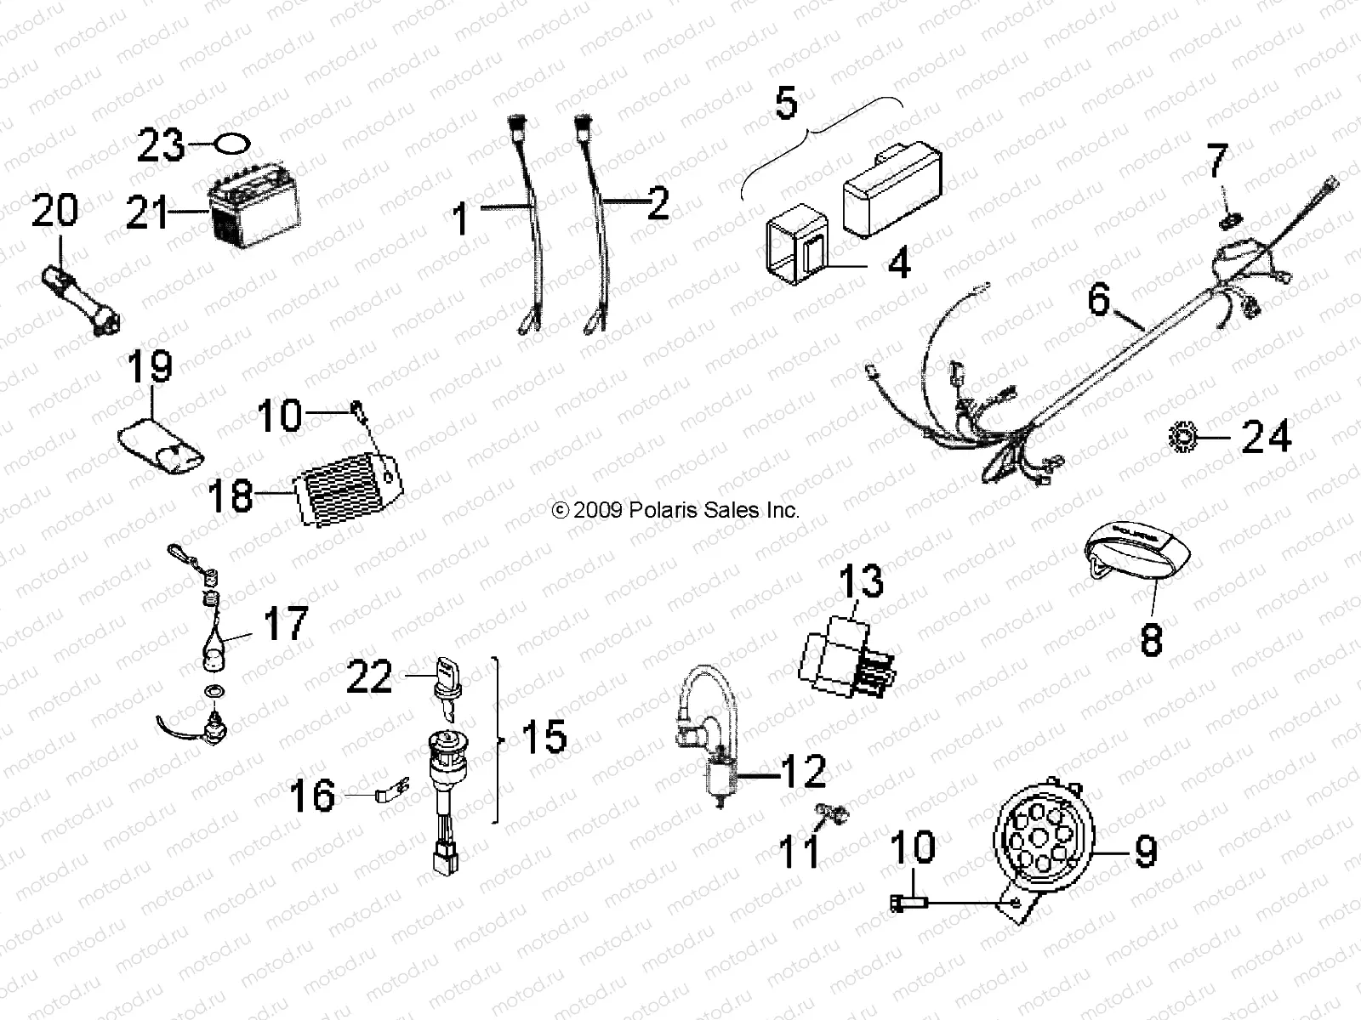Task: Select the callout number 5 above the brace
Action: (786, 103)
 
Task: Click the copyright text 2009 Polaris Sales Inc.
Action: (676, 510)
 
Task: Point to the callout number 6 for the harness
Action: (1100, 300)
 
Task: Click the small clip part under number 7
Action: (1228, 223)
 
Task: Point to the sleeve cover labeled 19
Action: (161, 445)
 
